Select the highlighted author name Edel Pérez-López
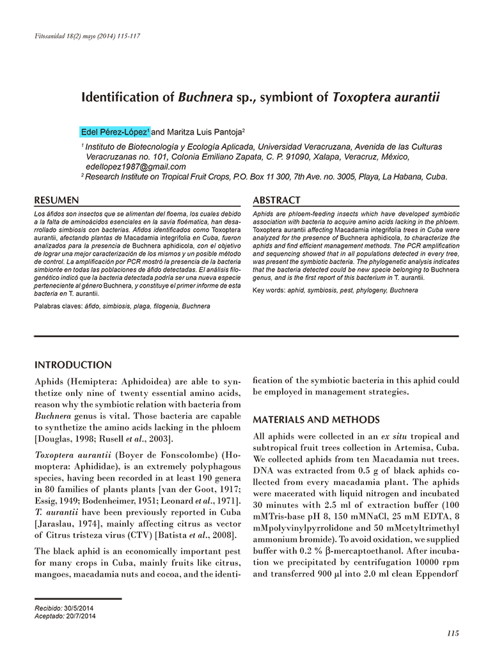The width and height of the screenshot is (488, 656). click(x=115, y=132)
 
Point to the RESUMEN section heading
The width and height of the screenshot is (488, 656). click(x=56, y=201)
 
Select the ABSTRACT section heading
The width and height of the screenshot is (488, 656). click(x=276, y=201)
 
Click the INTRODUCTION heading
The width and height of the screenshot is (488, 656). click(x=73, y=365)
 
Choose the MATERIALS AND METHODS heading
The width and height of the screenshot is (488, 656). click(x=316, y=420)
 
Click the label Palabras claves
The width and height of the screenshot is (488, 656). click(x=58, y=306)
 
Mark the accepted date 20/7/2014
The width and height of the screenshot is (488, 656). click(x=81, y=616)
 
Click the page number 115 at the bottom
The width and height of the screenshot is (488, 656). click(x=453, y=633)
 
